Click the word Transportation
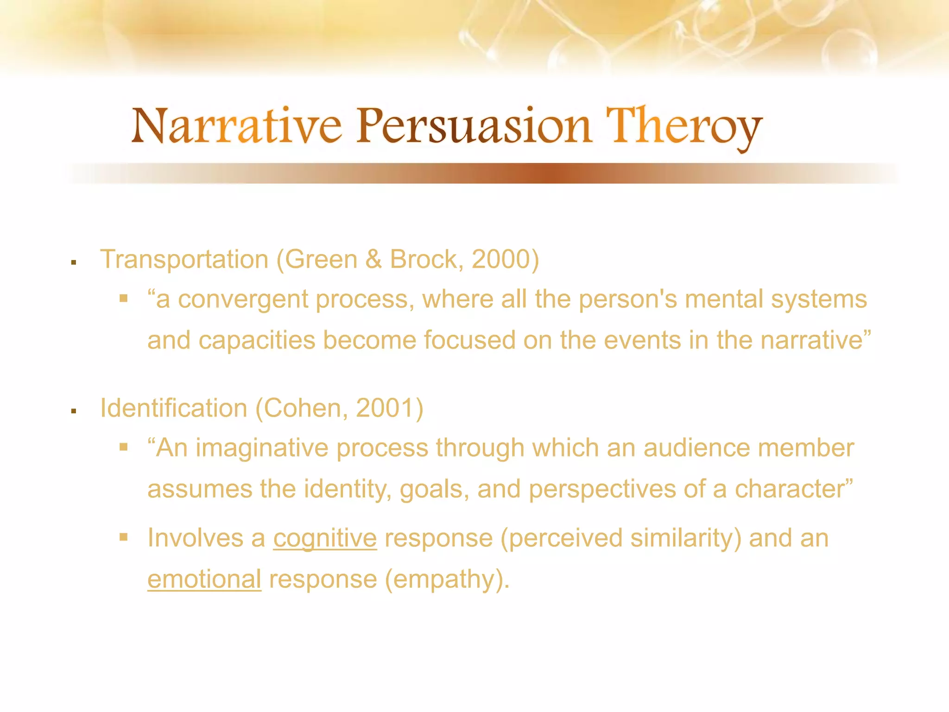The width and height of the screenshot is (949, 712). click(184, 259)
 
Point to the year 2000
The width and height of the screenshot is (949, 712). click(500, 259)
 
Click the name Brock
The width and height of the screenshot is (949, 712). click(423, 259)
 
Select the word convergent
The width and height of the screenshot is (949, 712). click(243, 299)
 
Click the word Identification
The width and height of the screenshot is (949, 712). click(173, 408)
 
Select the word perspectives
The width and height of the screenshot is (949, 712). click(602, 489)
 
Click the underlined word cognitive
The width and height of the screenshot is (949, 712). click(325, 539)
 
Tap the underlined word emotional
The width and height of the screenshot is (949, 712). click(204, 579)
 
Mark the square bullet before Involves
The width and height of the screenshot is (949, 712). click(123, 537)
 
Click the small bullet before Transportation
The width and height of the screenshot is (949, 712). click(73, 262)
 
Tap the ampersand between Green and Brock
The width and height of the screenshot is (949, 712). click(373, 259)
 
